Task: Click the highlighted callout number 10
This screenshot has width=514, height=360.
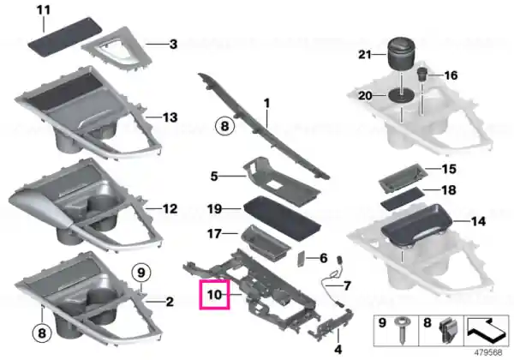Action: (x=215, y=294)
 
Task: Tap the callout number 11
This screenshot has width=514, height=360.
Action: (x=44, y=9)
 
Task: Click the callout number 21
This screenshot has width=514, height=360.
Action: (x=365, y=54)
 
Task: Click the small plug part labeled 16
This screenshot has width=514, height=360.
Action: (x=421, y=75)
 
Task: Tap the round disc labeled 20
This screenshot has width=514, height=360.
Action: (x=401, y=95)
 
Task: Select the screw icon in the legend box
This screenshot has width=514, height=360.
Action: (x=401, y=329)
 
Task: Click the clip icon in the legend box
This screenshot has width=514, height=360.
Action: (x=447, y=328)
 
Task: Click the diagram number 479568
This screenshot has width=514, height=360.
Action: (x=488, y=352)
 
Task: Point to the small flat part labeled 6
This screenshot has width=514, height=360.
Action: (x=301, y=259)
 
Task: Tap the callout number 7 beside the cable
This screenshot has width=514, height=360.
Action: (x=347, y=285)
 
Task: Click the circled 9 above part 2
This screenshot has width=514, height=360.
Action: (x=141, y=273)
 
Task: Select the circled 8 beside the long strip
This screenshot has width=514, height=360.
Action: (x=224, y=126)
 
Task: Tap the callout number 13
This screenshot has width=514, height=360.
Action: (x=170, y=117)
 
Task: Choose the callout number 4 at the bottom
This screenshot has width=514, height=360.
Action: (x=338, y=349)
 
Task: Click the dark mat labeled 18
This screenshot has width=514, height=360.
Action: (x=403, y=200)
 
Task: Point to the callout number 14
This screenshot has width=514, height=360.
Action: (x=478, y=221)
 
